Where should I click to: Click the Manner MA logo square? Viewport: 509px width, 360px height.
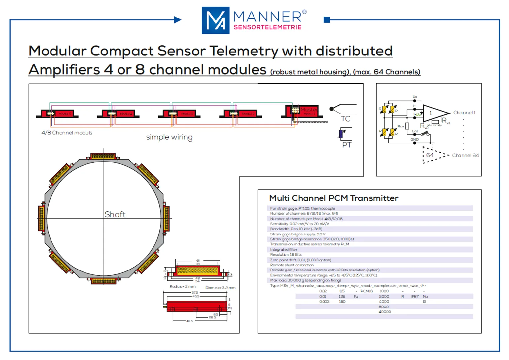215,20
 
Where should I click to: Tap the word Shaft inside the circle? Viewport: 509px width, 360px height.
115,214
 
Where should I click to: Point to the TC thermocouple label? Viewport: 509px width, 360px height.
345,119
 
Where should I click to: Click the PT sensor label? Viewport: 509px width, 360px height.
347,145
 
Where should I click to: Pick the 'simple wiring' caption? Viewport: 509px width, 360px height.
169,137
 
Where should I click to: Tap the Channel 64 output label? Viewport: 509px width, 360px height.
465,155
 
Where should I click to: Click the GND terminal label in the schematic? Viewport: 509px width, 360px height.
414,139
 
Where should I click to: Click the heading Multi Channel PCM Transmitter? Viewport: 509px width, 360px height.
333,198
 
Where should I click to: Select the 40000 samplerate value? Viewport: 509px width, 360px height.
385,312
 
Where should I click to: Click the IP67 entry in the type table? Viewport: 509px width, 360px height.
414,297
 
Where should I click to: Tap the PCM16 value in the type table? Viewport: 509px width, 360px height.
366,291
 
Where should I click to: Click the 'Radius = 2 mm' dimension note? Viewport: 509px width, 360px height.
183,287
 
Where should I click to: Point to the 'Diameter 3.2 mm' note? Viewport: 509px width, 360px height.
220,288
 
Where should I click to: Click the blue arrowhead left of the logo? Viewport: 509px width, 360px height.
178,20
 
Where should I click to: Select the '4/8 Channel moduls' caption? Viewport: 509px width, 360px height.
67,133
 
